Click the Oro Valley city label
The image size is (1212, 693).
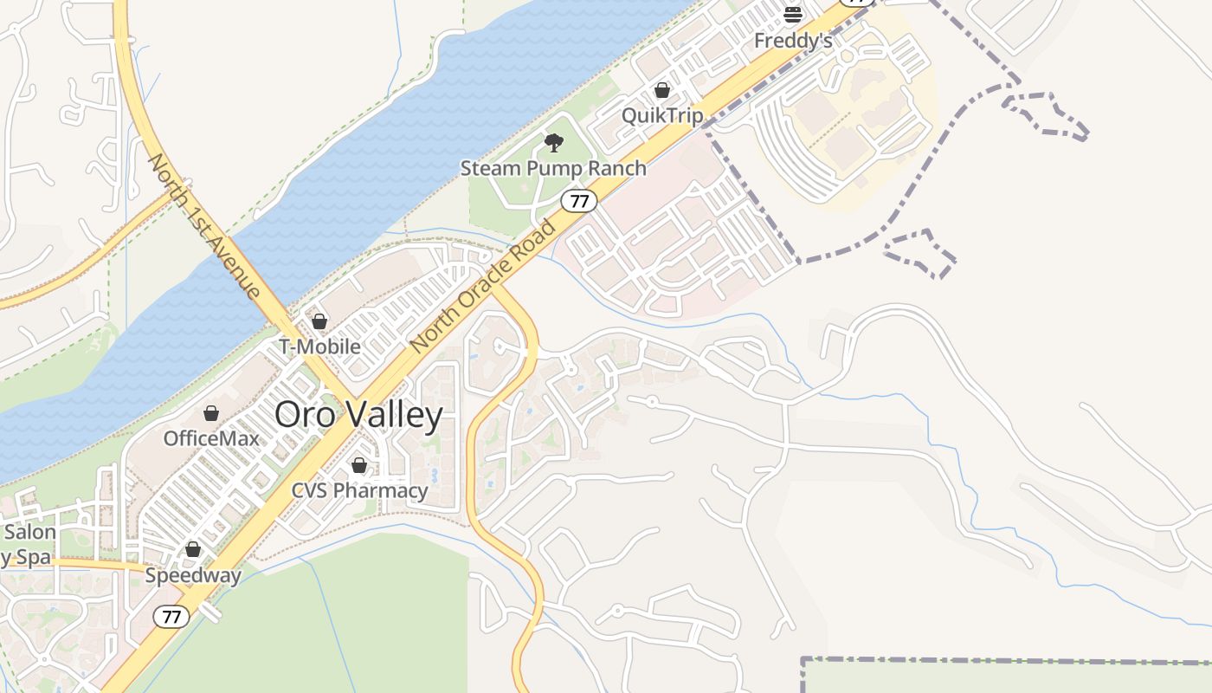358,415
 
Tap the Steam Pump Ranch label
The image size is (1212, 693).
553,168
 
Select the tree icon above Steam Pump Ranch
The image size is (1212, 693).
554,143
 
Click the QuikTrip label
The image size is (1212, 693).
662,115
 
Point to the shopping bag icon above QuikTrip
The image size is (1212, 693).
662,90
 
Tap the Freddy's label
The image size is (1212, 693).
793,41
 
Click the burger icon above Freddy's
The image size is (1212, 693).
793,14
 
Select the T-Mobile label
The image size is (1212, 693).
319,346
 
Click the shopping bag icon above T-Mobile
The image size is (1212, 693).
319,322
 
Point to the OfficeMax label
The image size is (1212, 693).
211,438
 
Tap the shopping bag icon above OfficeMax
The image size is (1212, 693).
211,414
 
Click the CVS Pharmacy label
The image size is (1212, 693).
359,490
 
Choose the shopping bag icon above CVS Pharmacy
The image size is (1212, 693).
359,466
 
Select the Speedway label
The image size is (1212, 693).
193,575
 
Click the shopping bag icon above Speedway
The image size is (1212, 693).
193,549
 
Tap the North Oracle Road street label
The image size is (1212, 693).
483,287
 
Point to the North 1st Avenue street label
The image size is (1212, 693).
204,226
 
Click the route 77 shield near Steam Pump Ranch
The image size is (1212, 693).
579,202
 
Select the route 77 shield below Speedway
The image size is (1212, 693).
171,617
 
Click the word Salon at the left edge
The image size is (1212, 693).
29,532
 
